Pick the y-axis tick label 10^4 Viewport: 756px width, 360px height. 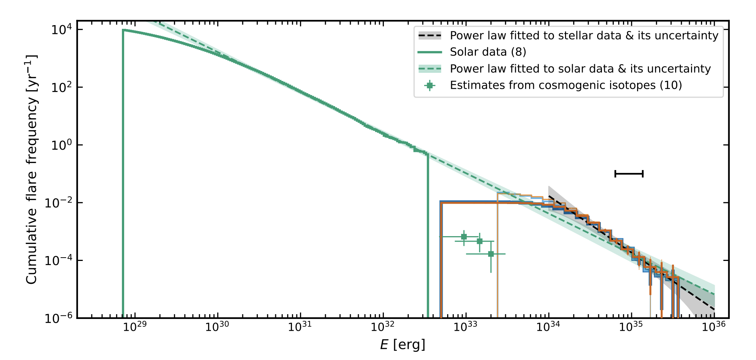pos(61,30)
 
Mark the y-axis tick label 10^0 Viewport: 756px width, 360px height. pos(61,145)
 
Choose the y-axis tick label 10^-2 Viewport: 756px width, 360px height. pos(59,203)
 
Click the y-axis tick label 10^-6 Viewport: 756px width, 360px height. pos(59,318)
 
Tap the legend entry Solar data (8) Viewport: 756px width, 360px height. pos(488,52)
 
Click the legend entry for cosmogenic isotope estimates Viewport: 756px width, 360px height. pos(565,85)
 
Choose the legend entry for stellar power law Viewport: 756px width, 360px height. pos(584,36)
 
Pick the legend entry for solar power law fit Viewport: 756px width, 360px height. pos(580,69)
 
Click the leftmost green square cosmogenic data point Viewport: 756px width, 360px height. pos(464,237)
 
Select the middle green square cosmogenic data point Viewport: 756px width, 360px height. pos(480,241)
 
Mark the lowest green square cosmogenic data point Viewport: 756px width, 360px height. pos(491,254)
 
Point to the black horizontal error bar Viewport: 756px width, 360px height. pos(629,174)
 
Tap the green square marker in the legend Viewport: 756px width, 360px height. pos(429,85)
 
